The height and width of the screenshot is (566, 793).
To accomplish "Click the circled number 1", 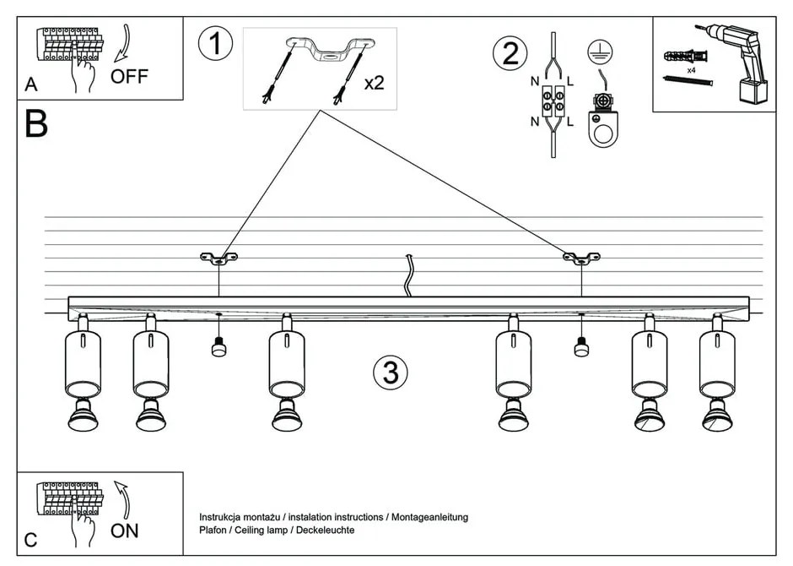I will click(x=215, y=44).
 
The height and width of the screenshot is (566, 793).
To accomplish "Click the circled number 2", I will click(x=510, y=53).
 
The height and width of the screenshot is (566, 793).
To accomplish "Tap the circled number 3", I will click(x=391, y=372).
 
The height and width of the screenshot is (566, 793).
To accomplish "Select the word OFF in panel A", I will click(x=129, y=77).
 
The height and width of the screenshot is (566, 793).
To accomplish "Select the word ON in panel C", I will click(x=124, y=531).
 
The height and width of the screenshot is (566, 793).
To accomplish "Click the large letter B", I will click(x=36, y=124).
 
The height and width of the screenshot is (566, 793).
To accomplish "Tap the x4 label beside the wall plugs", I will click(x=691, y=71).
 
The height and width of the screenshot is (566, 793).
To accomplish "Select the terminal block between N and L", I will click(x=553, y=102).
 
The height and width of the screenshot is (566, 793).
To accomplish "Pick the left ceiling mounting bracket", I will click(x=218, y=257).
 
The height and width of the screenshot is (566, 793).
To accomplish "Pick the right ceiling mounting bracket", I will click(x=581, y=257).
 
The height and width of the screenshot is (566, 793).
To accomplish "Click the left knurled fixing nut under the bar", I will click(x=218, y=347).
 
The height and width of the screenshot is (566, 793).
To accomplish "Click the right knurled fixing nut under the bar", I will click(x=581, y=346).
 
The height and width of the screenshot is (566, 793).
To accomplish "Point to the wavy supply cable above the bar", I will click(x=408, y=275).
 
